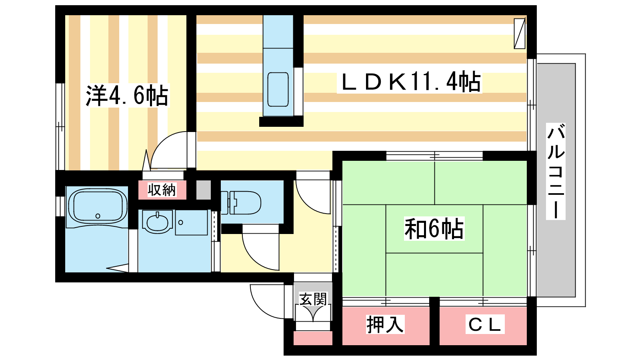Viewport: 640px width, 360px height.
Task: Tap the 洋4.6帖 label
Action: [x=127, y=96]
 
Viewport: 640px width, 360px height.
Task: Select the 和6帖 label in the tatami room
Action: [x=434, y=228]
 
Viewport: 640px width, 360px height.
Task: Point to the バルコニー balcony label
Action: [x=556, y=171]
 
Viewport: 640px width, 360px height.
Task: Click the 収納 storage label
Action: [x=162, y=190]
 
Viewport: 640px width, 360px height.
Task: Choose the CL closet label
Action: [x=485, y=324]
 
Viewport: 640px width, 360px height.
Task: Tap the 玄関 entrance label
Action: [x=313, y=299]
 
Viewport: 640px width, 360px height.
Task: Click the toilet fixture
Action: [x=241, y=202]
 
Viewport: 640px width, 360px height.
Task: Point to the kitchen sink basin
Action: [x=278, y=90]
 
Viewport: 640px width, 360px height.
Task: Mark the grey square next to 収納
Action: [x=204, y=190]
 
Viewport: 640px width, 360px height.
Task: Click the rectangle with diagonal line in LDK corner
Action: [x=520, y=34]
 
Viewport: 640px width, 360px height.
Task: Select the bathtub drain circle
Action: [x=98, y=216]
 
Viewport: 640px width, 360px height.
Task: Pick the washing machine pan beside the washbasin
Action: [x=192, y=222]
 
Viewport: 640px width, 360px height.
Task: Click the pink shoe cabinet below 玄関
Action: [x=313, y=338]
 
